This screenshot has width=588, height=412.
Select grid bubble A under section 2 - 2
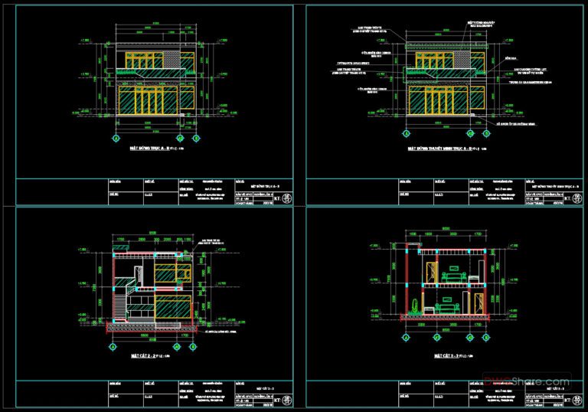(x=112, y=347)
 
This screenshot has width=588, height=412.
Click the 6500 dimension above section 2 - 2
(x=153, y=233)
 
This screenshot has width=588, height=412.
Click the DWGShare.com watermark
(x=544, y=381)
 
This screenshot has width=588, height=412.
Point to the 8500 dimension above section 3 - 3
(x=447, y=227)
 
